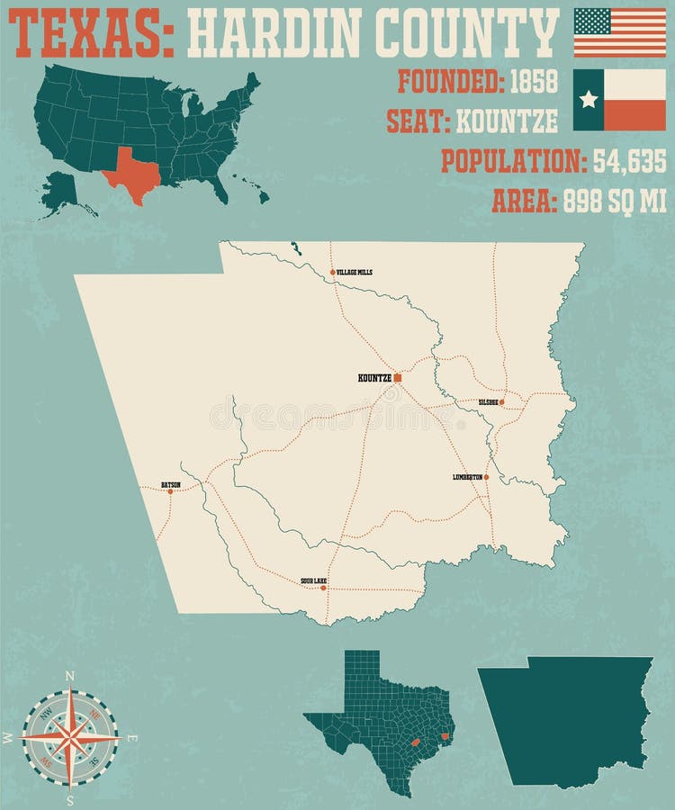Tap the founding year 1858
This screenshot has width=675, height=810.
[534, 82]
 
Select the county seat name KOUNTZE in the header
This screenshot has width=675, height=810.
[507, 121]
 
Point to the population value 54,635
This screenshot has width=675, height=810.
[629, 161]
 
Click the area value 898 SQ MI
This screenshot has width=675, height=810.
[615, 202]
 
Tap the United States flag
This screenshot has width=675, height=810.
[619, 32]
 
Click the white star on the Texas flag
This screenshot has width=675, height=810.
[589, 99]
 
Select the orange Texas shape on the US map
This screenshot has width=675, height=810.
[131, 170]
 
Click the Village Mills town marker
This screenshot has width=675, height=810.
[332, 272]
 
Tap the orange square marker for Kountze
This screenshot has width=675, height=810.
[397, 378]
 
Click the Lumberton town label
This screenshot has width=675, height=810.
[467, 477]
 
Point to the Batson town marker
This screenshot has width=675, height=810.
[170, 491]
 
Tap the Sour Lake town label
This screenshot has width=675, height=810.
[314, 581]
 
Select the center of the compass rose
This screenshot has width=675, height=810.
[70, 737]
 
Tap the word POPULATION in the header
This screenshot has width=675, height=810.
[512, 161]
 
